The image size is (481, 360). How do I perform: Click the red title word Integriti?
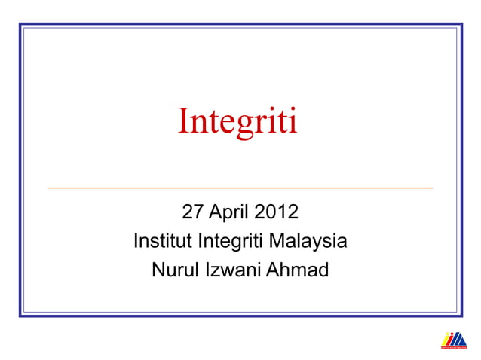coord(237,122)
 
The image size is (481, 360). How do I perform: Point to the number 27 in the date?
coord(194,212)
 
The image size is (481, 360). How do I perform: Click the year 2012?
coord(276,212)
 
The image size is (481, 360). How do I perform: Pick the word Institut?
coord(163,242)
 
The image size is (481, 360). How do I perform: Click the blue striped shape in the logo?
coord(459,340)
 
